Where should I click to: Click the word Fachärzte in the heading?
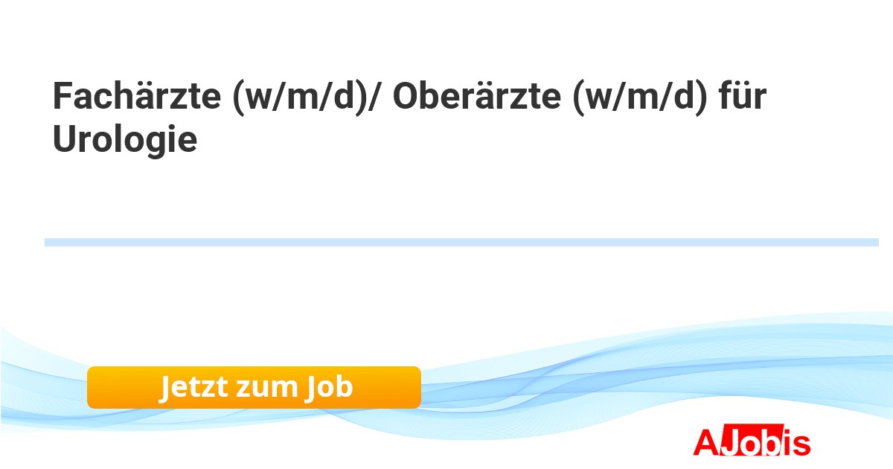click(x=137, y=96)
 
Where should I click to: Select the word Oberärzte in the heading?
click(x=477, y=96)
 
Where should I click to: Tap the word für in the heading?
click(x=743, y=96)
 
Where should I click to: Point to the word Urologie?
click(x=125, y=140)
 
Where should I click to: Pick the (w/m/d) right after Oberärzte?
click(x=640, y=98)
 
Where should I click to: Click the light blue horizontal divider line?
click(x=461, y=242)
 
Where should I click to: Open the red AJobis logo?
click(x=752, y=441)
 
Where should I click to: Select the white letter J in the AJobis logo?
click(x=730, y=442)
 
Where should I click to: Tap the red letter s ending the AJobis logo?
click(x=801, y=445)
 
